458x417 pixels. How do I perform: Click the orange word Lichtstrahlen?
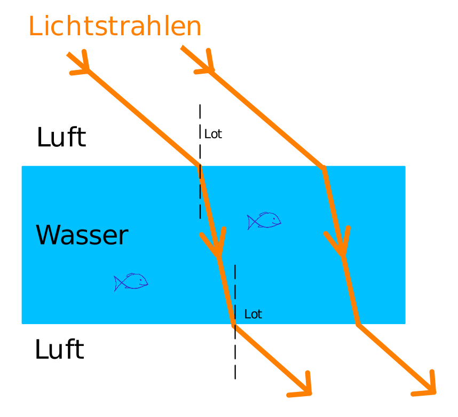point(115,27)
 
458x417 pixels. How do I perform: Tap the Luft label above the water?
point(61,138)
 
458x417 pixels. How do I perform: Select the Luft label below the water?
point(59,350)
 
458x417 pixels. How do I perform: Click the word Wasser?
point(82,235)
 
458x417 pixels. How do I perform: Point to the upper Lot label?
point(213,134)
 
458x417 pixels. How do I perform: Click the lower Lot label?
point(253,314)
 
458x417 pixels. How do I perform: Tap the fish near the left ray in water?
point(264,221)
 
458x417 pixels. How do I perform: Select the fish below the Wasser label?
point(131,282)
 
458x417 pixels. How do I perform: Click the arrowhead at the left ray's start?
point(83,65)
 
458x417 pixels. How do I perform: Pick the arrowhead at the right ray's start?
point(207,64)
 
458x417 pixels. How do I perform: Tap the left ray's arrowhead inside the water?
point(216,247)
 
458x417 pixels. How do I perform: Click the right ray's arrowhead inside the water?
point(341,247)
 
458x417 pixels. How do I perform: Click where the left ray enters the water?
point(200,166)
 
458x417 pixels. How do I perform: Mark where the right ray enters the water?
point(323,168)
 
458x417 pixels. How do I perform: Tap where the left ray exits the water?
point(234,324)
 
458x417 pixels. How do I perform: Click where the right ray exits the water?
point(358,324)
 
